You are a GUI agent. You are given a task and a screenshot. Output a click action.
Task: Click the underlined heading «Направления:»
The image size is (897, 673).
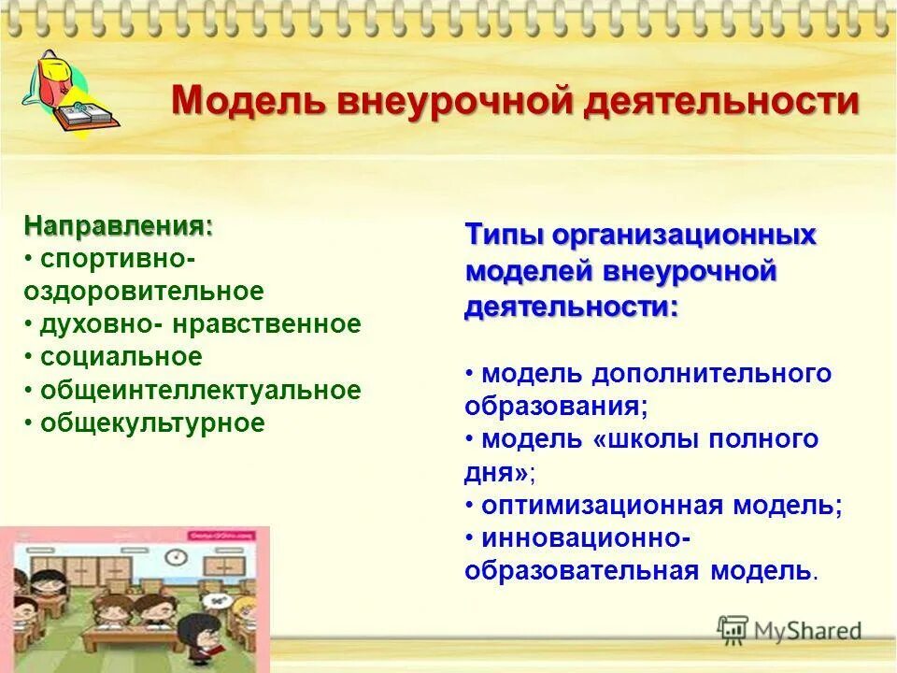pos(119,226)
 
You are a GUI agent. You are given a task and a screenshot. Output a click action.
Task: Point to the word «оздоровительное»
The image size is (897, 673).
pos(144,292)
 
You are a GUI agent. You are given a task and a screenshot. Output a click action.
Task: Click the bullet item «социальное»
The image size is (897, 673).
pos(121,357)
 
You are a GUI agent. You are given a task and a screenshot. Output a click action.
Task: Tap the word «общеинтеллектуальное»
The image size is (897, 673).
pos(200,390)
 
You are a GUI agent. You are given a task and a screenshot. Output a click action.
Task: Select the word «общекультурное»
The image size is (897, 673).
pos(152,422)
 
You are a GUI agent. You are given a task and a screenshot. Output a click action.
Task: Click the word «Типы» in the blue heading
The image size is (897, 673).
pos(502,236)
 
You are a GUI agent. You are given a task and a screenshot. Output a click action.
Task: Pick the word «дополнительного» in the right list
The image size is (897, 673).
pos(710,374)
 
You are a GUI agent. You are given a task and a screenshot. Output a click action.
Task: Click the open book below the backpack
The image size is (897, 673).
pos(84,117)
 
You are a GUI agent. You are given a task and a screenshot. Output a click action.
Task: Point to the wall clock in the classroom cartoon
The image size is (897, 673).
pos(173,558)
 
